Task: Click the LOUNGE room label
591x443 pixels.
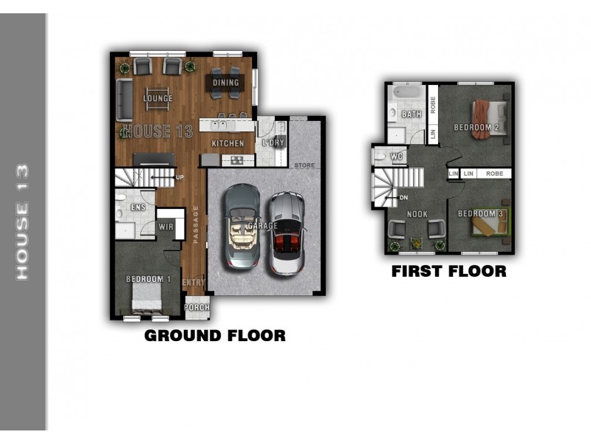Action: [158, 98]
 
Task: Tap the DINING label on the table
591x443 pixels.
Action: [226, 83]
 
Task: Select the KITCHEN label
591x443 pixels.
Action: [228, 143]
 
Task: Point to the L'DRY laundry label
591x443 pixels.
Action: [273, 142]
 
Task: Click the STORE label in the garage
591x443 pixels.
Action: [304, 165]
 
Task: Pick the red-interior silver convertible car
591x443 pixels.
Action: [287, 233]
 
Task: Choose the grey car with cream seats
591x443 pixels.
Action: [242, 226]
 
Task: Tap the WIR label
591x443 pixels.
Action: [166, 227]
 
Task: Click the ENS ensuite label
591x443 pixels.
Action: [138, 207]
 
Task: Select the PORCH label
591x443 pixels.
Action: [197, 307]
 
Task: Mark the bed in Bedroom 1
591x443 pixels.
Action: [146, 298]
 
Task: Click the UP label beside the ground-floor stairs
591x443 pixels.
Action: [180, 177]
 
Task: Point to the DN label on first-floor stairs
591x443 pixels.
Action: [403, 198]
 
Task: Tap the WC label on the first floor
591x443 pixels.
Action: [397, 157]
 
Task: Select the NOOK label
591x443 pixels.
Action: [417, 214]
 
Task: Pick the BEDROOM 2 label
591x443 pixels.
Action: [476, 127]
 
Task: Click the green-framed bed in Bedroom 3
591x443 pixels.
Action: [490, 222]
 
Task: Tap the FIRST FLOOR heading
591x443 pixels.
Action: [449, 271]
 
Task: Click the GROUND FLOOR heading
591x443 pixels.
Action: [215, 336]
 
